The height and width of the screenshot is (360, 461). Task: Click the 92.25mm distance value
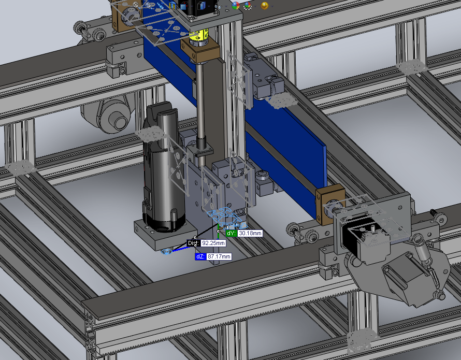213,243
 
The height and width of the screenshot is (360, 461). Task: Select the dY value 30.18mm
250,233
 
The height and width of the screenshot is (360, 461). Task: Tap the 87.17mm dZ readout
219,256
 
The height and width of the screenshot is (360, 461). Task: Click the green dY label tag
232,233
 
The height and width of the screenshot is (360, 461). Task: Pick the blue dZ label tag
200,256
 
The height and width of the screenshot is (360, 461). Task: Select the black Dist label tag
194,243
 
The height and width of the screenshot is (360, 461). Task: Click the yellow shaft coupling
198,36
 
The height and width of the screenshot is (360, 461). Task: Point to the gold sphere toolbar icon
265,6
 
